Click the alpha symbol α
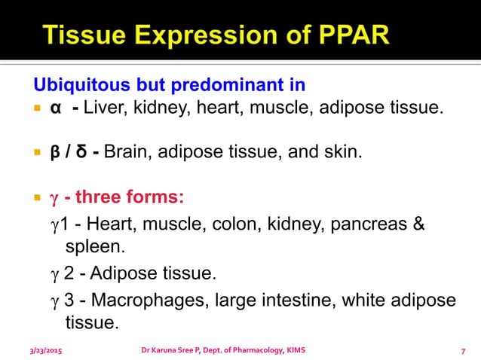click(x=55, y=108)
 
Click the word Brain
click(x=126, y=154)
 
